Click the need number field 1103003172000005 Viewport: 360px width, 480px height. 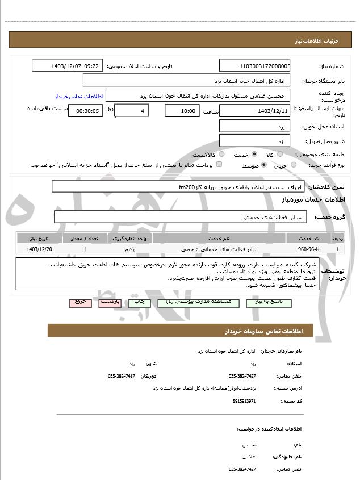point(254,66)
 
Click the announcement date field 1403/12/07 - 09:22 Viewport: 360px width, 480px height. point(67,66)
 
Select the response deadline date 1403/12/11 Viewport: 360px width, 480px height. point(254,111)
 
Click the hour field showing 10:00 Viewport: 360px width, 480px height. point(182,111)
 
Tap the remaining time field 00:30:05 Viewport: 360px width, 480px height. point(85,111)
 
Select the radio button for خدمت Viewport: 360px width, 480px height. point(254,154)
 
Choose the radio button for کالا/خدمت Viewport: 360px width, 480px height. point(221,154)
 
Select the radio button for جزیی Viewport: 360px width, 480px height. point(293,165)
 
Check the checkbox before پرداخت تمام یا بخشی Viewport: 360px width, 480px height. point(219,165)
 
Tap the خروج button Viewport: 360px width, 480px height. point(80,303)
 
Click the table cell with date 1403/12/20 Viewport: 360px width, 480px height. point(39,249)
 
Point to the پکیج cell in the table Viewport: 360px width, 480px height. point(129,249)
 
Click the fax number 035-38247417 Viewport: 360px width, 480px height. point(122,376)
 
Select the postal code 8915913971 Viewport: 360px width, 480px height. point(244,401)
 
